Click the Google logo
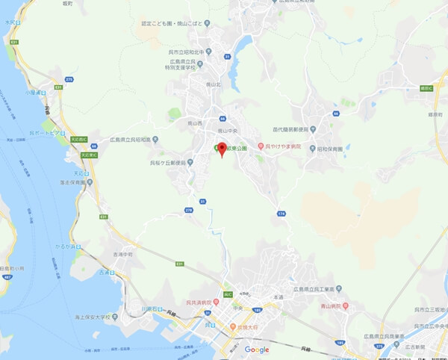[x=257, y=349]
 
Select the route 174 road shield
[x=281, y=214]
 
